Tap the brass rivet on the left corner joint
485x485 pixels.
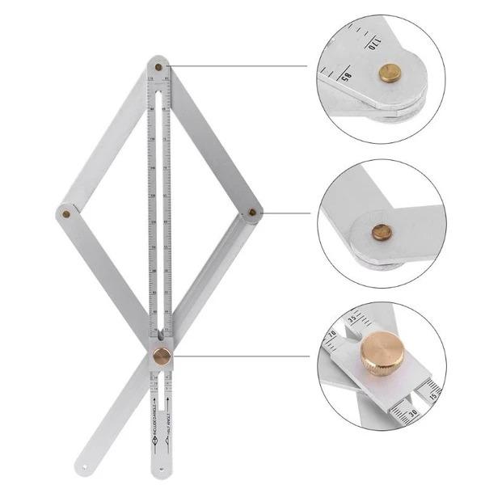pos(65,214)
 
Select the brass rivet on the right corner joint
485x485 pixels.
pos(252,213)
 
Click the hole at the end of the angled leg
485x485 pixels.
pos(86,466)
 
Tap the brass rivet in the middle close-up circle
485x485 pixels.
pos(382,232)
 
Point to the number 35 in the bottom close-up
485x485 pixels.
pos(351,318)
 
